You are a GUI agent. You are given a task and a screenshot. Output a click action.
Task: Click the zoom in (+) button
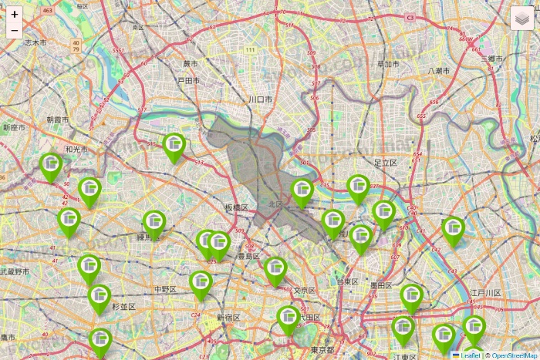click(15, 15)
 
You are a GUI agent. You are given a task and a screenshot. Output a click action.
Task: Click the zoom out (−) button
click(15, 31)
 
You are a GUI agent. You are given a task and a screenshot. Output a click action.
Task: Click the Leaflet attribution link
click(469, 355)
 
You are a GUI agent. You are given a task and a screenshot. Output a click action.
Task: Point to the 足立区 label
click(385, 163)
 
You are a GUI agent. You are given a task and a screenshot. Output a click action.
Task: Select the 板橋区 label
click(236, 208)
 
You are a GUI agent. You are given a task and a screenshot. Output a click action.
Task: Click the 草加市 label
click(386, 65)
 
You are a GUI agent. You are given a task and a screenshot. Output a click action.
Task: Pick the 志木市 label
click(35, 43)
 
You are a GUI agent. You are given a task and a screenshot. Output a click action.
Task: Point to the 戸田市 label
click(189, 80)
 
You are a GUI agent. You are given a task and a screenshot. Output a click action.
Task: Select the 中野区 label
click(166, 289)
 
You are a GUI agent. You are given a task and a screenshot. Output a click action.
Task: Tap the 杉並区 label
click(123, 307)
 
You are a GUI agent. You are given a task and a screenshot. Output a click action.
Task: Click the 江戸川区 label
click(486, 293)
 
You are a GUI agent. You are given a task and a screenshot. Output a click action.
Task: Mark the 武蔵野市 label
click(15, 272)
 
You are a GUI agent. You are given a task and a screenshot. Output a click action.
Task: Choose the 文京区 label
click(305, 290)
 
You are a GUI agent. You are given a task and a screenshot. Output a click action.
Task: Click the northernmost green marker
click(174, 146)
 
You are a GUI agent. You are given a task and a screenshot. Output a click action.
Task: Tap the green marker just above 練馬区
click(154, 224)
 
